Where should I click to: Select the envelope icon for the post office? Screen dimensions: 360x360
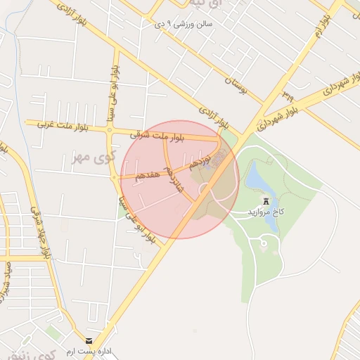point(89,340)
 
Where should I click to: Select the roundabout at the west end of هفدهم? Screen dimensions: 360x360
point(115,177)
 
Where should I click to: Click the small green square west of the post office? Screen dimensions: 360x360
point(51,330)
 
